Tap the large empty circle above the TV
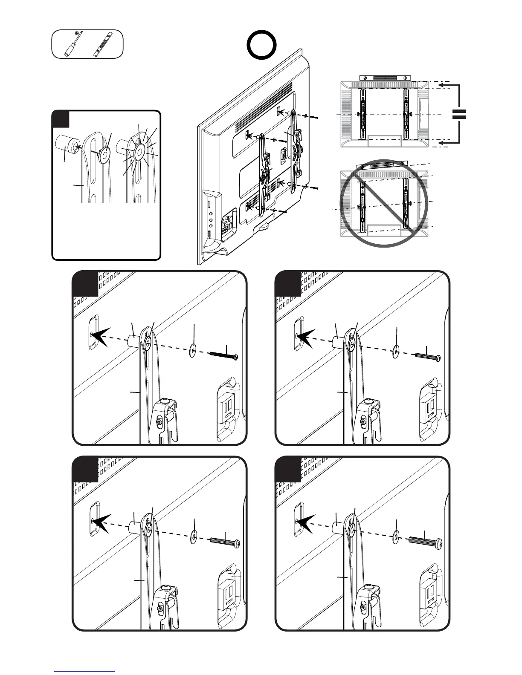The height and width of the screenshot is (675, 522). (x=261, y=45)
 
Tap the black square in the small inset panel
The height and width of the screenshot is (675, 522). (x=61, y=119)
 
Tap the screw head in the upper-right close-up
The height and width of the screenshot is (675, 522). (x=437, y=358)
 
